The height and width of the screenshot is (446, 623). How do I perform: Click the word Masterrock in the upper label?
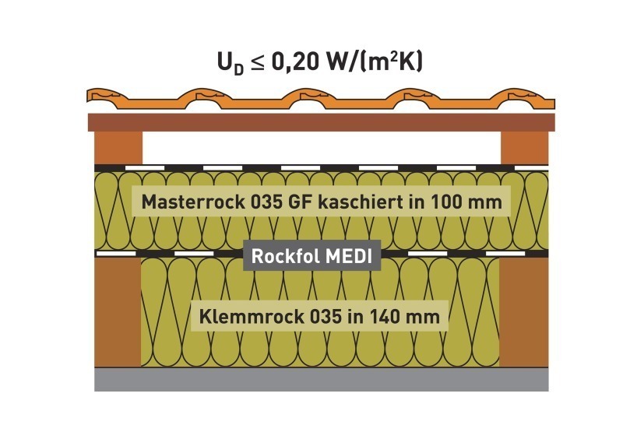[x=193, y=202]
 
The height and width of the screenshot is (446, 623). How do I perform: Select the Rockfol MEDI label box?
[x=312, y=256]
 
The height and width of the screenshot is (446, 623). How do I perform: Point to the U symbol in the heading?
[x=225, y=61]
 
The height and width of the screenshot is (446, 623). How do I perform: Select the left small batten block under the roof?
[x=118, y=148]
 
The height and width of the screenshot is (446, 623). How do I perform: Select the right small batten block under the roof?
[x=524, y=148]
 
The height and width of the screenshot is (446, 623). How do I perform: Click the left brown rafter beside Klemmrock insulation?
[x=118, y=312]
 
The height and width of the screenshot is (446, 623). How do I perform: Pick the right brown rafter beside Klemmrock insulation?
[x=524, y=312]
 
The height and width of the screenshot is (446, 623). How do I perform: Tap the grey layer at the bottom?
[x=322, y=380]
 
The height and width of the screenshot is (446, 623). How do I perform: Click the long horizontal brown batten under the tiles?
[x=321, y=122]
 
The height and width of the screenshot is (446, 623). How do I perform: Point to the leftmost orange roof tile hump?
[x=104, y=95]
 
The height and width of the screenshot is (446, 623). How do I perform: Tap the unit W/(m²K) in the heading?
[x=374, y=62]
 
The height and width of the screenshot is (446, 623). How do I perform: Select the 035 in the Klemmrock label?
[x=325, y=317]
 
